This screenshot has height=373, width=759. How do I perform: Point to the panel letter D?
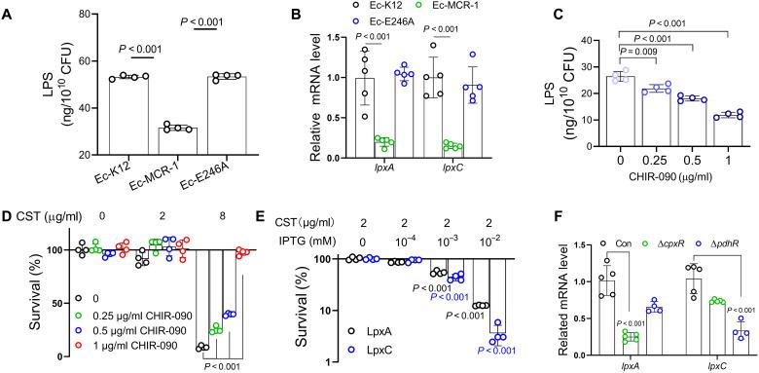coord(8,205)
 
